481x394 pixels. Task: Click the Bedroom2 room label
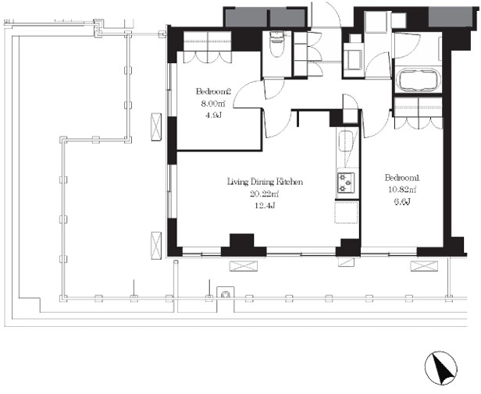coord(213,91)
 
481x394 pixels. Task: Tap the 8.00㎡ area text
coord(213,104)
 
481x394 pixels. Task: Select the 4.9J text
coord(213,115)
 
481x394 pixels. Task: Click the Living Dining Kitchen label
coord(265,182)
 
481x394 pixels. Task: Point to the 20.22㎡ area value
coord(265,193)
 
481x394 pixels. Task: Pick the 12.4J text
coord(265,205)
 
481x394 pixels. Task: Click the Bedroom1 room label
coord(402,178)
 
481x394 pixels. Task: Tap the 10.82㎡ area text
coord(402,190)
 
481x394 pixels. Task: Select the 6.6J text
coord(402,201)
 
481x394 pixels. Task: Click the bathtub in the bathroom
coord(418,80)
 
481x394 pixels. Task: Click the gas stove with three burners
coord(346,183)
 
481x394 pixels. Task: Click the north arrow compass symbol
coord(441,368)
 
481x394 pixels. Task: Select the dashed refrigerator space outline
coord(347,212)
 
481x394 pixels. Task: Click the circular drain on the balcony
coord(226,294)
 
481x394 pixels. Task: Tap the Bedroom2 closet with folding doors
coord(208,47)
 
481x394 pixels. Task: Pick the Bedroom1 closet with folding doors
coord(419,112)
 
